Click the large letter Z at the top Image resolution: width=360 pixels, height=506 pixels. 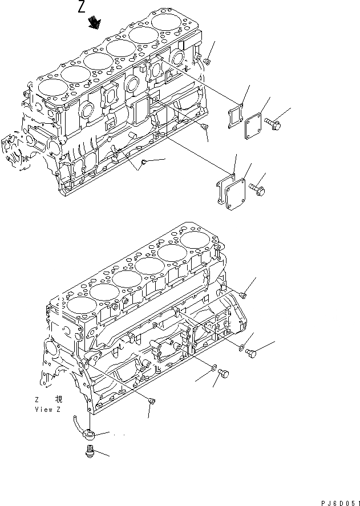coord(82,7)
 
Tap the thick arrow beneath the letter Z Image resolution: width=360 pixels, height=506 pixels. coord(94,23)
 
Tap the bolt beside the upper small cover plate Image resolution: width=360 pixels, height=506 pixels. coord(273,121)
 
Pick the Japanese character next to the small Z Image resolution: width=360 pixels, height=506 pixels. coord(59,399)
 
